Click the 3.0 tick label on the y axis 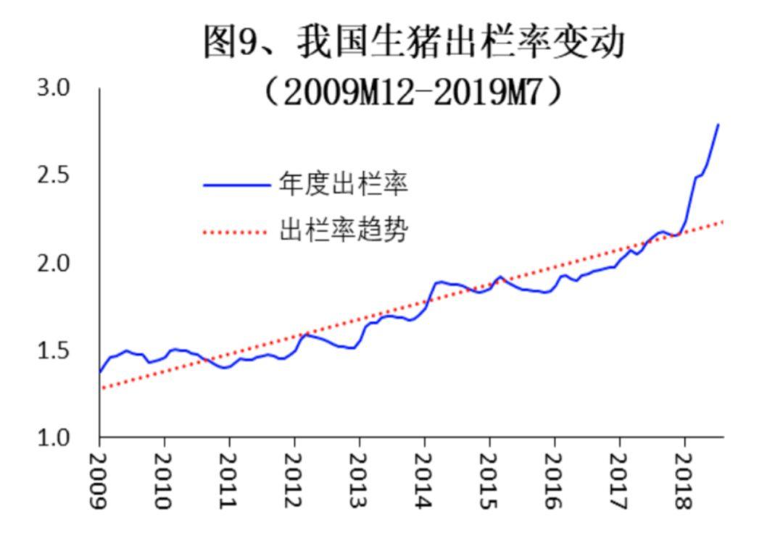[54, 88]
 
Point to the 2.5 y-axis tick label [54, 175]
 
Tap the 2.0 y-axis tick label [54, 263]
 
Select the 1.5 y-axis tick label [54, 350]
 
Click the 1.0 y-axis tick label [54, 438]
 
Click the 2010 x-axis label [164, 481]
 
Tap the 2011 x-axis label [229, 481]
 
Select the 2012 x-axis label [294, 481]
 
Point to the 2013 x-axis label [359, 481]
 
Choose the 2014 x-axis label [424, 481]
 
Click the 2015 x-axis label [489, 481]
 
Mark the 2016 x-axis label [555, 481]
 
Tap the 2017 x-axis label [619, 481]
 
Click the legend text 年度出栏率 [343, 185]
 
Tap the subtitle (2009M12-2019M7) [413, 91]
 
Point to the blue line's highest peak [718, 125]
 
